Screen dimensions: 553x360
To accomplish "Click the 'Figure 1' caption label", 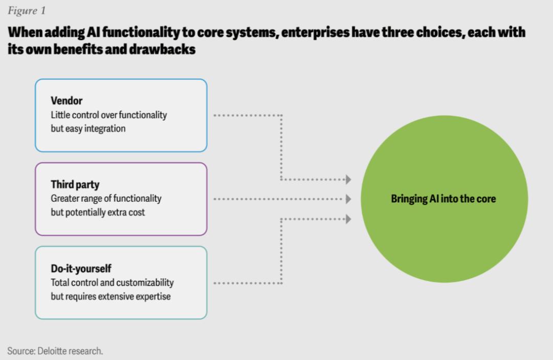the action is [x=27, y=11].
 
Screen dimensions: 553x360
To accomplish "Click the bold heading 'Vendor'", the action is [x=67, y=101].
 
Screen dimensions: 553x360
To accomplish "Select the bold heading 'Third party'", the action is [x=75, y=184].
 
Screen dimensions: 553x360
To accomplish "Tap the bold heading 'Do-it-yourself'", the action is [x=81, y=269].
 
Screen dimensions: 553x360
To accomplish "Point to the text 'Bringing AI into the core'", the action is [x=443, y=199].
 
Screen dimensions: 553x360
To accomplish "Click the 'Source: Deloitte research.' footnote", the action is [x=55, y=351].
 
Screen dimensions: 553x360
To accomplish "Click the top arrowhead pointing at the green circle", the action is [x=348, y=179].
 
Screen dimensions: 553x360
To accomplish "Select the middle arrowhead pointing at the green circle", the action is [x=348, y=199].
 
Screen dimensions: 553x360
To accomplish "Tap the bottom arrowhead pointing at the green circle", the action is [x=348, y=219].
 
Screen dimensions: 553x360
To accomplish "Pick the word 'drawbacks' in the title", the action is [x=162, y=49].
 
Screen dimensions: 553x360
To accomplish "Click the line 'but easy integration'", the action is [x=88, y=129].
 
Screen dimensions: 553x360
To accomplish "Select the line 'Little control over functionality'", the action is [x=109, y=115].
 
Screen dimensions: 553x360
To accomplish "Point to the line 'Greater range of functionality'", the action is [x=106, y=199].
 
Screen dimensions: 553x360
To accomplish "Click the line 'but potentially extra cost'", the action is [x=98, y=213].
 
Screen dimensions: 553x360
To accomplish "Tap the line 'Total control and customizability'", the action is [x=112, y=283].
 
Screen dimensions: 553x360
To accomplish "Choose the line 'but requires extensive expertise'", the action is [x=111, y=296].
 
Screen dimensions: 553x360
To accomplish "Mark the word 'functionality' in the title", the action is [x=141, y=32].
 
